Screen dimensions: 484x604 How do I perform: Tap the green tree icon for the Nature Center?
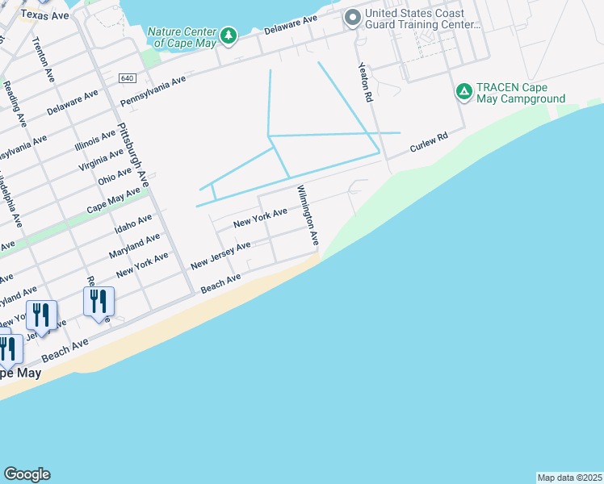click(229, 35)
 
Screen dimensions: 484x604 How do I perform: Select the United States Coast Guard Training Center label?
click(415, 19)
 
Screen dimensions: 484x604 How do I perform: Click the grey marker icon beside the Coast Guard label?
click(352, 18)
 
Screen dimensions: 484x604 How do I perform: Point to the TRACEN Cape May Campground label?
click(520, 94)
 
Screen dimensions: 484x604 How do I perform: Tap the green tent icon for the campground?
click(463, 92)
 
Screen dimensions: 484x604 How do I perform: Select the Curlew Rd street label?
click(428, 144)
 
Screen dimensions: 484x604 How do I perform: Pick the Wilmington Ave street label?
click(308, 215)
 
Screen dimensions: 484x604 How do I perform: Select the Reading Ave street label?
click(15, 104)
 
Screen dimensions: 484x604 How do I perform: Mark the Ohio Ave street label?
click(114, 175)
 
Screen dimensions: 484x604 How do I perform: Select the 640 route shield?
click(126, 78)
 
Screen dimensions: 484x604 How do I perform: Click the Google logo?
click(27, 474)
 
